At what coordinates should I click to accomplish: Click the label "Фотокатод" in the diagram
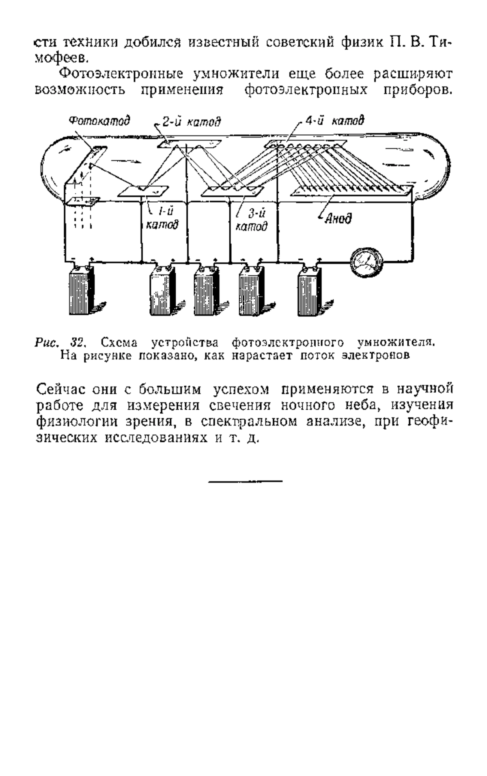[99, 121]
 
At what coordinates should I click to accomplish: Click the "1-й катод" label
[162, 217]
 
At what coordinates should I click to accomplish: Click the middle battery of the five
[207, 289]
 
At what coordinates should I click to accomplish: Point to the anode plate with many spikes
[352, 190]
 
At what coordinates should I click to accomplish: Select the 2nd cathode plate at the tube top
[190, 144]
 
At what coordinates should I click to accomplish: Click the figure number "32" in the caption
[77, 342]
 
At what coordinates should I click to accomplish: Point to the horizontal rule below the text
[245, 482]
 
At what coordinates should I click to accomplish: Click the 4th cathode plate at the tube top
[306, 143]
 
